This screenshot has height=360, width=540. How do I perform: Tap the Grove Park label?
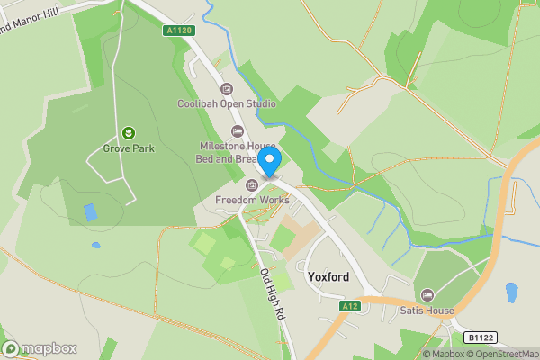(x=129, y=148)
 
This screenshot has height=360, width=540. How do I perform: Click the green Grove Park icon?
(x=129, y=133)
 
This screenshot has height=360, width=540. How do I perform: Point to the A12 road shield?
(x=351, y=307)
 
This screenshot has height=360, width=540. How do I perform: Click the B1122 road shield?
(x=481, y=337)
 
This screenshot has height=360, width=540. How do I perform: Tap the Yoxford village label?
(x=328, y=277)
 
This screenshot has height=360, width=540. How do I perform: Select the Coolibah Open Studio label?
(x=226, y=103)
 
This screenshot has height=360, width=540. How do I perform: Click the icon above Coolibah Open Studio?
(x=226, y=89)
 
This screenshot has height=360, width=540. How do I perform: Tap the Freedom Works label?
(x=252, y=200)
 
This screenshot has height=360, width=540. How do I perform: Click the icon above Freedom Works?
(x=252, y=185)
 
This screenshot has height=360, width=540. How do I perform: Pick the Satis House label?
(x=427, y=311)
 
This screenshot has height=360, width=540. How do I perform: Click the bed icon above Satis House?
(x=427, y=295)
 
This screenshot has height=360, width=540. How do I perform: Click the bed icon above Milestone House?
(x=238, y=131)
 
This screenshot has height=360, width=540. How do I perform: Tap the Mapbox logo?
(x=40, y=348)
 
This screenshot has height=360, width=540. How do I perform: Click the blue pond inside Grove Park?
(x=90, y=213)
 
